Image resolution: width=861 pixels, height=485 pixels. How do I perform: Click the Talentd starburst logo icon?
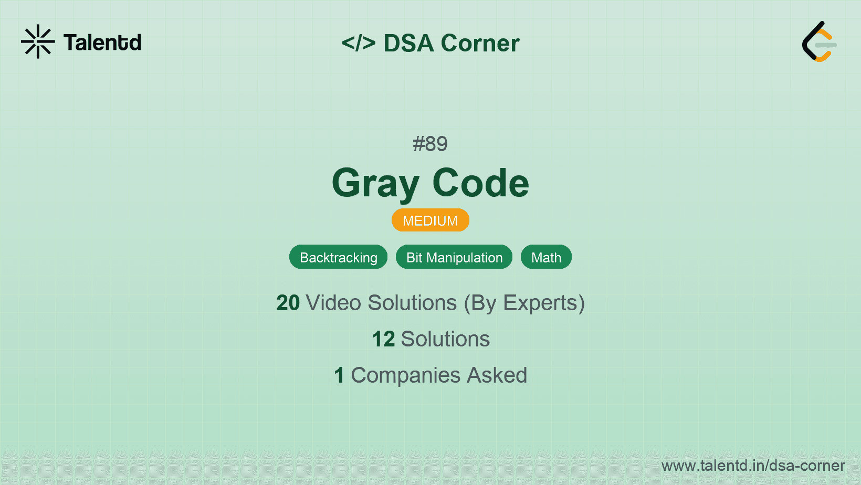click(38, 41)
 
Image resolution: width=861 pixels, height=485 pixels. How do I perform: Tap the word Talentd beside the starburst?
click(102, 43)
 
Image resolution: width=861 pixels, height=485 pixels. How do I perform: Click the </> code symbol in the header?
click(359, 43)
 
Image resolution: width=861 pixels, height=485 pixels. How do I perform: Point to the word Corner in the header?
click(480, 43)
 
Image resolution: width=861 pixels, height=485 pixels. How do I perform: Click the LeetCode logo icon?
click(818, 42)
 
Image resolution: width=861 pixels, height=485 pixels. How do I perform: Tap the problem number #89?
click(430, 144)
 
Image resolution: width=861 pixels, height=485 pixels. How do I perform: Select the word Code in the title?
click(480, 183)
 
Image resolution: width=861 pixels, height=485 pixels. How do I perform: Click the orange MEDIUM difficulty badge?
click(430, 220)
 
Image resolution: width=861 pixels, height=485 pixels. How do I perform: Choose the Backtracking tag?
click(338, 257)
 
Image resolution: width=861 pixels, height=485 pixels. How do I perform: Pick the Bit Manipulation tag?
click(454, 257)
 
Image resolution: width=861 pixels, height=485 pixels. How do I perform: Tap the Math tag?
click(546, 257)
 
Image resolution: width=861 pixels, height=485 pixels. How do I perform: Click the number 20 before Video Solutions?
click(288, 303)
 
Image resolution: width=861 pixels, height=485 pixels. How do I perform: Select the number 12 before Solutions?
click(383, 339)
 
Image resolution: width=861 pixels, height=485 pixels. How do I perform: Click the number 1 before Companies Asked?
click(339, 375)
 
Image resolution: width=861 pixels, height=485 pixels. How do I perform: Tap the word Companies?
click(405, 375)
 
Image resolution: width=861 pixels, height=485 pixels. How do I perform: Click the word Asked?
click(497, 375)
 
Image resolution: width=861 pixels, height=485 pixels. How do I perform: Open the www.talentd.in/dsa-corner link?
click(753, 466)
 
